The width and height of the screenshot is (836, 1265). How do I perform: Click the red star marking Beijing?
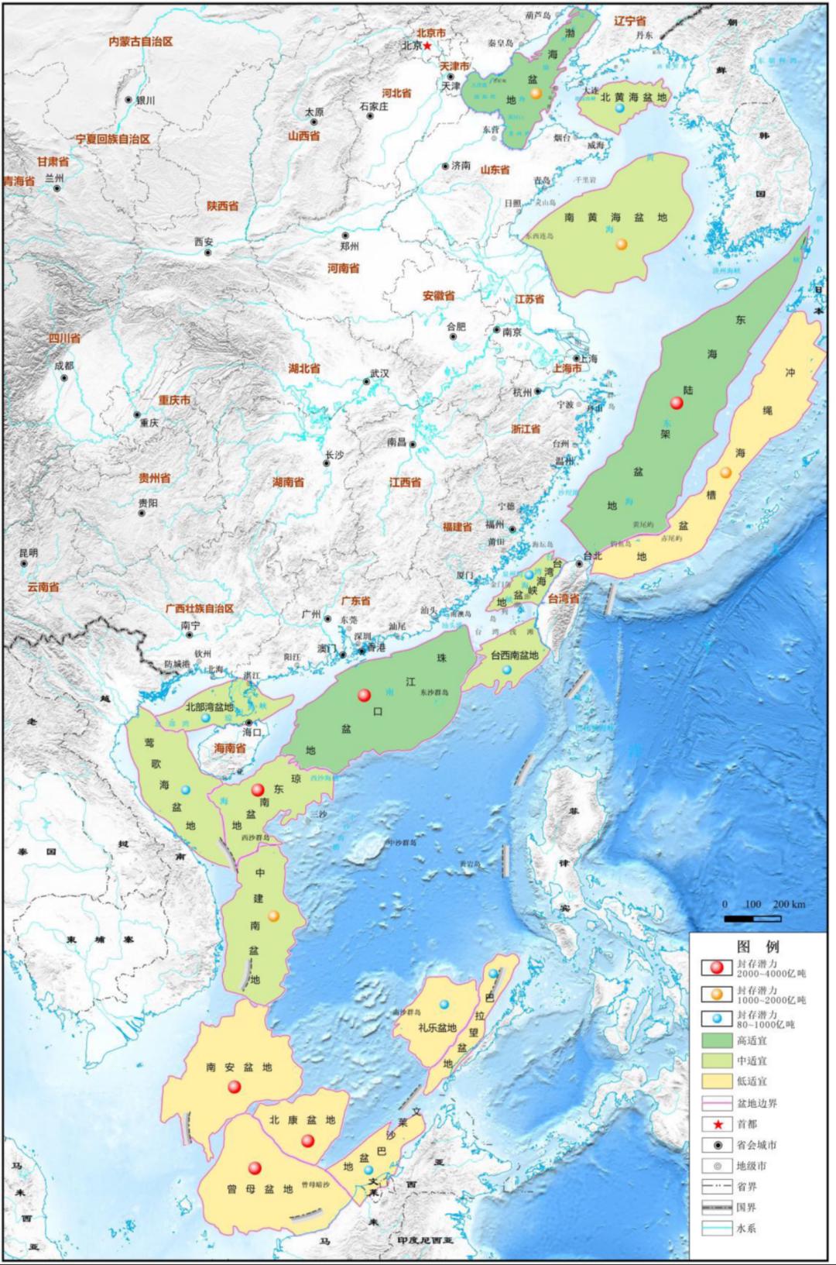pyautogui.click(x=427, y=46)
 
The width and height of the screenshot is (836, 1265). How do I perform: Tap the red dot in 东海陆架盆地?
pyautogui.click(x=677, y=403)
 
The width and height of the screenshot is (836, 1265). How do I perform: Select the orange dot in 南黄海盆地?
pyautogui.click(x=621, y=245)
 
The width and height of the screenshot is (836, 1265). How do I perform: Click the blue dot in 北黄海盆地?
pyautogui.click(x=619, y=108)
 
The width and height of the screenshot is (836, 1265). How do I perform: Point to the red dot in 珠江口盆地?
pyautogui.click(x=364, y=695)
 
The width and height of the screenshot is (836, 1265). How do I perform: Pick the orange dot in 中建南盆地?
pyautogui.click(x=275, y=916)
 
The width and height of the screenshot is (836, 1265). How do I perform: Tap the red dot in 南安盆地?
pyautogui.click(x=235, y=1088)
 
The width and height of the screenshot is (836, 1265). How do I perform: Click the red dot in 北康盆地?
pyautogui.click(x=307, y=1140)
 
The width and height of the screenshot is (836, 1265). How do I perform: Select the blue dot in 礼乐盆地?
pyautogui.click(x=444, y=1005)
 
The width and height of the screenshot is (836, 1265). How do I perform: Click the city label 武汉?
pyautogui.click(x=379, y=373)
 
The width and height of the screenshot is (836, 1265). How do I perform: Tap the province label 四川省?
pyautogui.click(x=64, y=339)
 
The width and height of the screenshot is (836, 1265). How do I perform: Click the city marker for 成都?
pyautogui.click(x=66, y=377)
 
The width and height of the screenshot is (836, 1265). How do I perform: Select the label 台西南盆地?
pyautogui.click(x=514, y=655)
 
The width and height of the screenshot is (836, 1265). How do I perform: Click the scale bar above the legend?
pyautogui.click(x=752, y=919)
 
